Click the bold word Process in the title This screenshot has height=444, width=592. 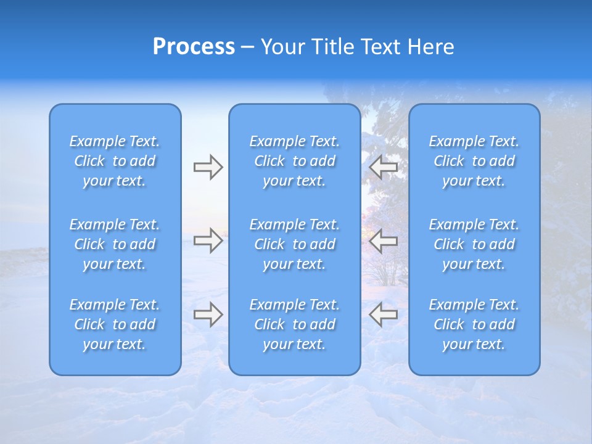point(194,47)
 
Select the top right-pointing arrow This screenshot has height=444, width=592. point(208,167)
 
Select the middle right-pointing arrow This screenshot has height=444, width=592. point(208,240)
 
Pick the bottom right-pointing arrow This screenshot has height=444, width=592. point(208,314)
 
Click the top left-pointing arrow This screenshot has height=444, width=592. point(384,167)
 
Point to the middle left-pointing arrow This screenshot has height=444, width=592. point(384,240)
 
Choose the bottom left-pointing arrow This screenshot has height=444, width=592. point(384,314)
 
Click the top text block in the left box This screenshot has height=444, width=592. point(115,161)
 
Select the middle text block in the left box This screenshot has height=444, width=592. point(115,244)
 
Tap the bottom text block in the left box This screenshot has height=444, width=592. point(115,324)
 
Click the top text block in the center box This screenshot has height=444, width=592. point(295,161)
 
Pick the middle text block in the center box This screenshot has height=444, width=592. point(295,244)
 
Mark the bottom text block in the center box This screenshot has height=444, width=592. point(295,324)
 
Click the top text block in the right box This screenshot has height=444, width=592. point(474,161)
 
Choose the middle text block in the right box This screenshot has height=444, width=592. point(474,244)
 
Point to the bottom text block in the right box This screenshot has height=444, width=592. point(474,324)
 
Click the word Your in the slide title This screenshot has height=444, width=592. point(282,47)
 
